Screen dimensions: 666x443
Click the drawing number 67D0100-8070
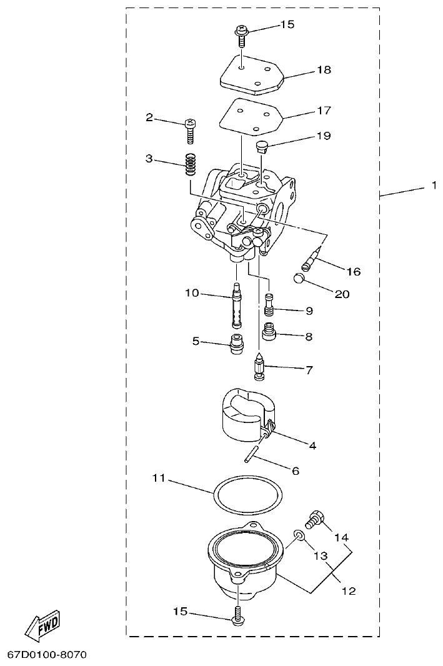(47, 655)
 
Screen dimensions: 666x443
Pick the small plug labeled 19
(262, 147)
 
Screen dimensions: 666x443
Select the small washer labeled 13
(300, 535)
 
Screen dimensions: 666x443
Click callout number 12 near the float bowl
(349, 590)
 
